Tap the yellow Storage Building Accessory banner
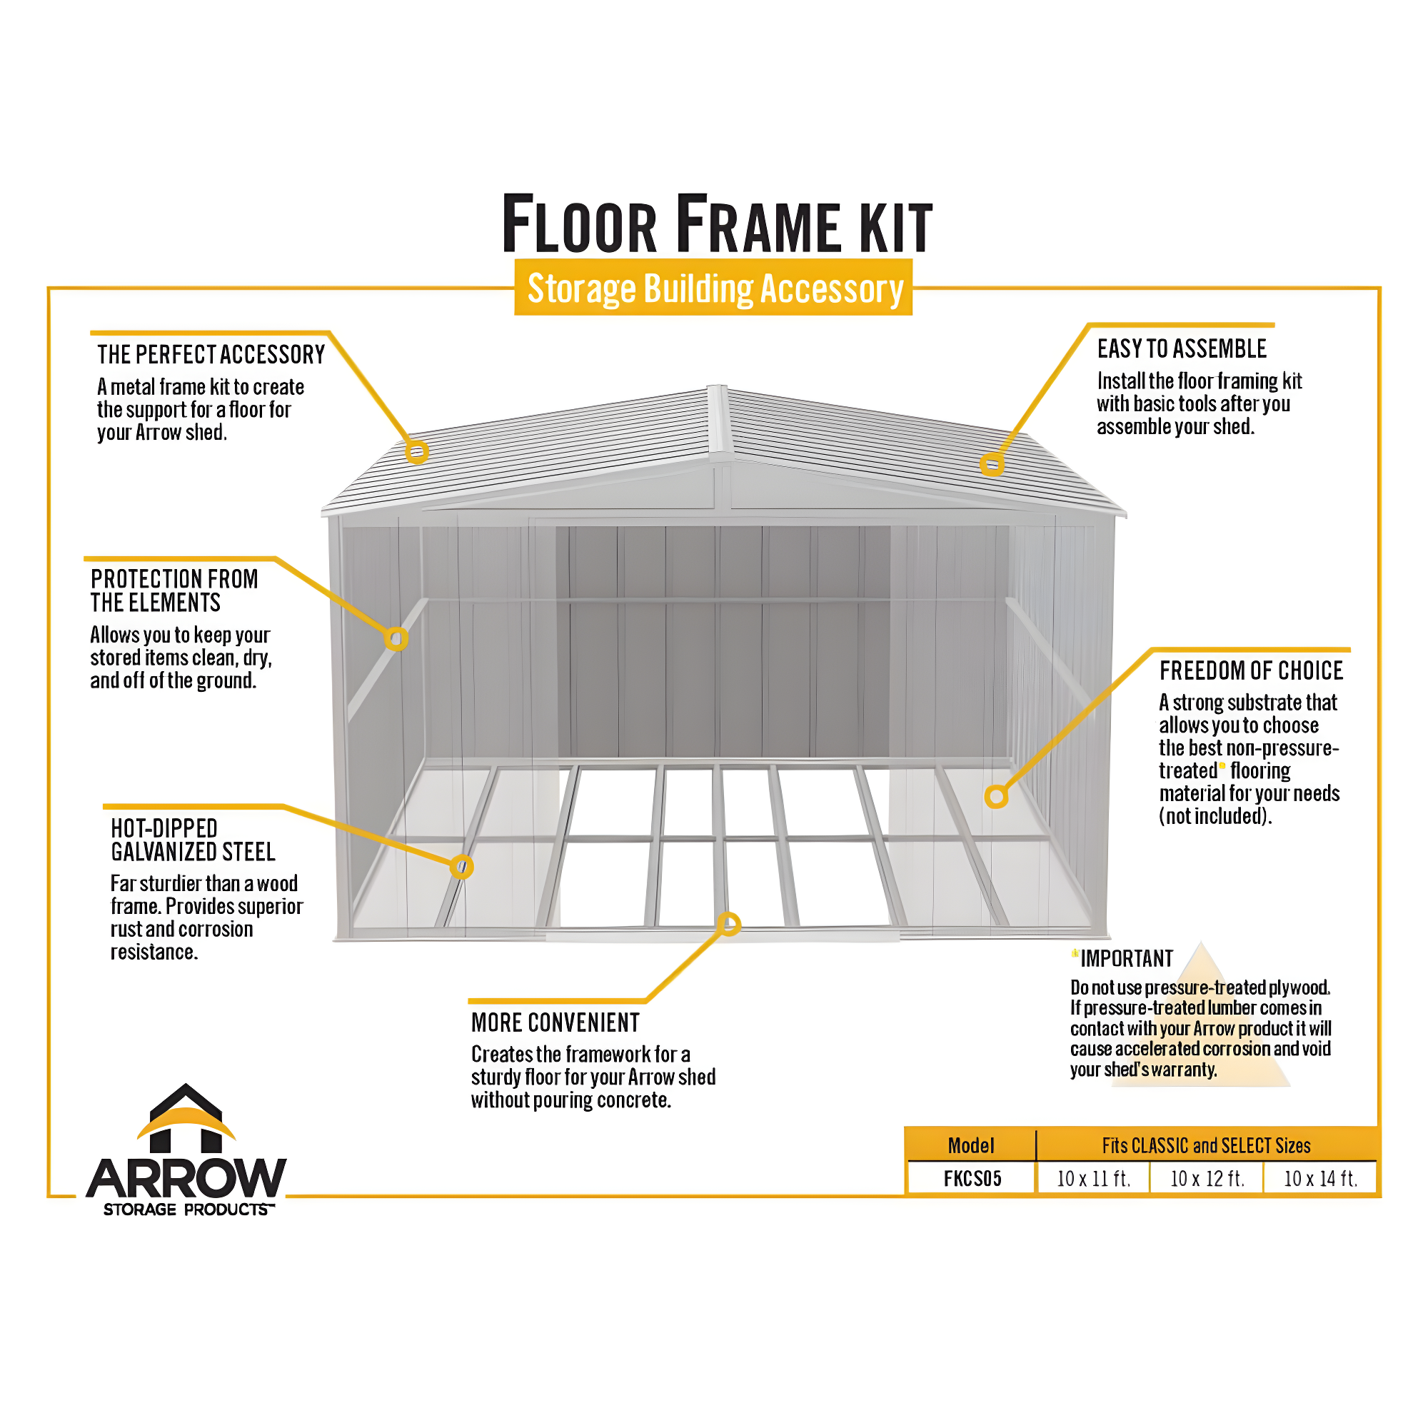pyautogui.click(x=713, y=288)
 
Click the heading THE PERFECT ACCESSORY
pyautogui.click(x=211, y=355)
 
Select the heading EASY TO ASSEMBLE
pyautogui.click(x=1181, y=349)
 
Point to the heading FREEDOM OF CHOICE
pyautogui.click(x=1251, y=670)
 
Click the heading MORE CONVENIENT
pyautogui.click(x=555, y=1023)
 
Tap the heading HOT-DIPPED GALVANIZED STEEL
pyautogui.click(x=192, y=840)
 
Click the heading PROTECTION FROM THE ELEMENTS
pyautogui.click(x=174, y=590)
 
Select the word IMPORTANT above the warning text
pyautogui.click(x=1126, y=960)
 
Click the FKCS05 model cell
pyautogui.click(x=971, y=1178)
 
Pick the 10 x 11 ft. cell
pyautogui.click(x=1093, y=1178)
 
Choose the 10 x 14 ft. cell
pyautogui.click(x=1320, y=1178)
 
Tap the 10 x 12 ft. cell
pyautogui.click(x=1207, y=1178)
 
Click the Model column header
pyautogui.click(x=970, y=1146)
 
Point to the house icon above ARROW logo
pyautogui.click(x=186, y=1118)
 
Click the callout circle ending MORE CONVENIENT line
pyautogui.click(x=729, y=924)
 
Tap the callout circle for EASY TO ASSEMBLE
pyautogui.click(x=992, y=465)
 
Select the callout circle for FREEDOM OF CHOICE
pyautogui.click(x=996, y=797)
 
